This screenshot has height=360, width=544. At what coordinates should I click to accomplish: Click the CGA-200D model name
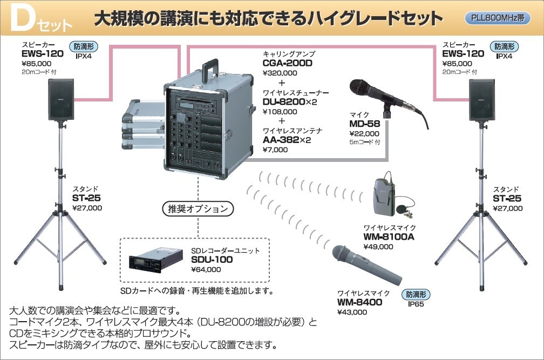coord(287,63)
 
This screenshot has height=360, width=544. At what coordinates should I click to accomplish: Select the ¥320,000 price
coord(280,73)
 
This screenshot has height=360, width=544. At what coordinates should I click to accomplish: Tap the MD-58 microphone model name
coord(364,124)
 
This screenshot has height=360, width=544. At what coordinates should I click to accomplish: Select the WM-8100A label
coord(388,236)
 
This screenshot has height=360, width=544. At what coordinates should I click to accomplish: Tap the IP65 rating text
coord(416,304)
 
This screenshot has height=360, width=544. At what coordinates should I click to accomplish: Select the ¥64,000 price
coord(206,269)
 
